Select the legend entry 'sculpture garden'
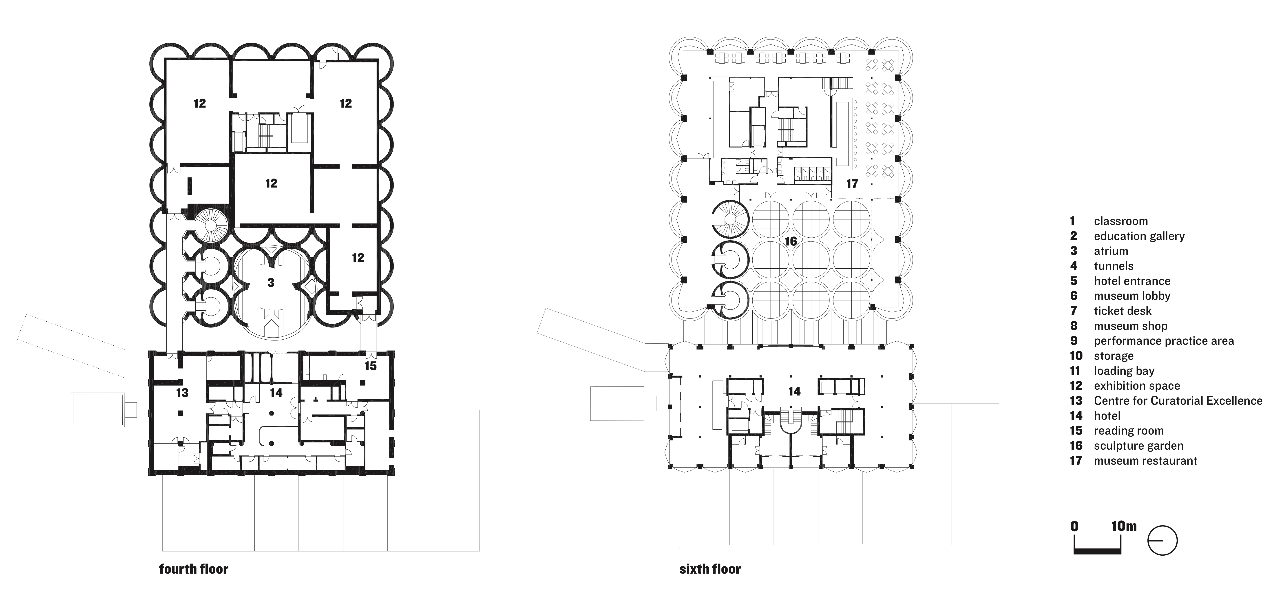pos(1138,446)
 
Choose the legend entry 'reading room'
pos(1129,431)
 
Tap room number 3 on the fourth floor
pos(271,283)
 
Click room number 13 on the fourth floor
pos(182,393)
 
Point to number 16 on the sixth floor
pos(791,241)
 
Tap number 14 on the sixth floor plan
pos(794,392)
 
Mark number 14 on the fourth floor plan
pos(276,393)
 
